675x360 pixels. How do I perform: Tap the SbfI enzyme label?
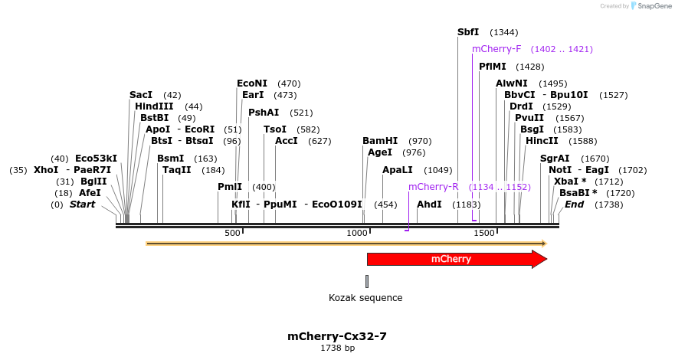click(467, 32)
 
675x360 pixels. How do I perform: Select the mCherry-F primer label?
click(496, 49)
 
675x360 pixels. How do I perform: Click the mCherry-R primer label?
click(433, 187)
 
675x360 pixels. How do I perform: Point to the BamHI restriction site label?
click(380, 141)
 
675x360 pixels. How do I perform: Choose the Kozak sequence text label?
click(365, 298)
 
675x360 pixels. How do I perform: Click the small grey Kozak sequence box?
click(367, 281)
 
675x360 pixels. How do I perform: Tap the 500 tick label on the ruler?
click(232, 233)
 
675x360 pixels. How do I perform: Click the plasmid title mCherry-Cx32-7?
click(337, 336)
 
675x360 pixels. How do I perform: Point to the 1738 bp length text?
click(337, 349)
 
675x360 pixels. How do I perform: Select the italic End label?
click(575, 205)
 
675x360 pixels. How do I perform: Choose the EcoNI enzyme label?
click(252, 83)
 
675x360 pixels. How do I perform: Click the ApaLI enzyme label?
click(397, 170)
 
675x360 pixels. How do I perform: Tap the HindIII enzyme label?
click(154, 106)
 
